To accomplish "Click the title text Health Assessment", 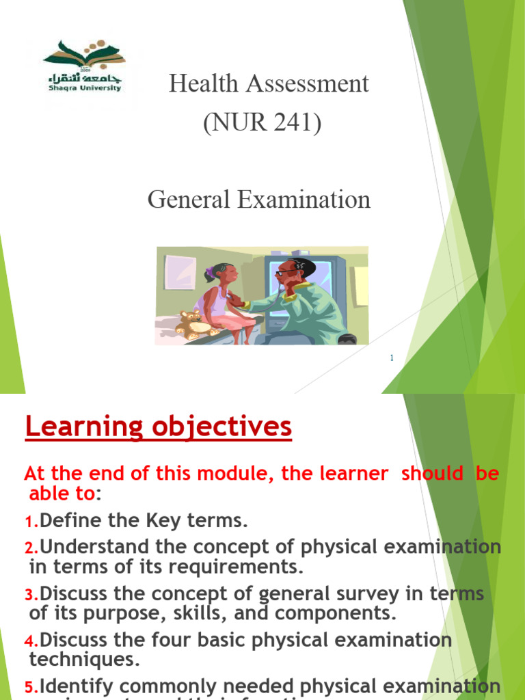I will [x=269, y=84].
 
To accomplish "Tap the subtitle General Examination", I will [x=259, y=200].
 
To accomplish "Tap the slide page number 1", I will [x=392, y=358].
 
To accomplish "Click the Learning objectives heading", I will [x=158, y=427].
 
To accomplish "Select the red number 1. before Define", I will [x=31, y=522].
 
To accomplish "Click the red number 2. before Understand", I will [x=31, y=548].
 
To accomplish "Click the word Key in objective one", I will [x=142, y=521].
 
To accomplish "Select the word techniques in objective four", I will [x=84, y=660].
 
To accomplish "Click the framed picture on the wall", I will [x=180, y=272].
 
